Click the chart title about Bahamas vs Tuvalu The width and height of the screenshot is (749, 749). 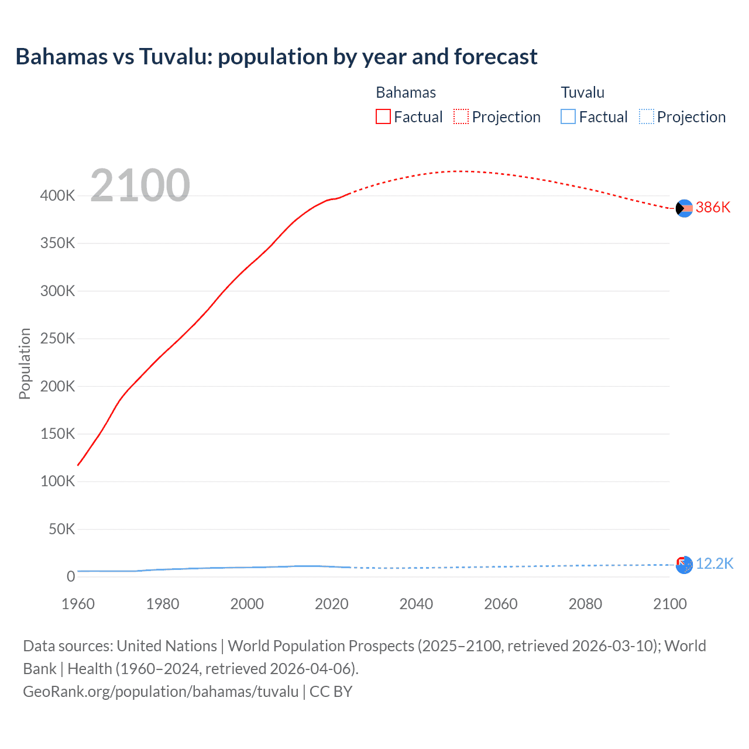pos(276,57)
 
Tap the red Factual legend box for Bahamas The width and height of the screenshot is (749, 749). pos(383,116)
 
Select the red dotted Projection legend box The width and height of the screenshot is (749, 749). pos(461,116)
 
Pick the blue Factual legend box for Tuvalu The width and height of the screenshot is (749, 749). pos(568,116)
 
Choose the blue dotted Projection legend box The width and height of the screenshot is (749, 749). pos(647,116)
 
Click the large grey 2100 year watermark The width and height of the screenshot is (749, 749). pos(140,185)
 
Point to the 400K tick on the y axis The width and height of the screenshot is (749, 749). pos(57,195)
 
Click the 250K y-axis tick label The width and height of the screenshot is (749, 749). pos(57,338)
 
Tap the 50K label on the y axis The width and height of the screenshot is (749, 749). pos(61,529)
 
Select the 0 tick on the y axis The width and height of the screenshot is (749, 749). pos(71,576)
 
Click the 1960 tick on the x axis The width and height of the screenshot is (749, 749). pos(78,604)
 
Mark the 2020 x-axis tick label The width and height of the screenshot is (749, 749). pos(332,604)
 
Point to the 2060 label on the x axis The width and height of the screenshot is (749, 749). pos(501,604)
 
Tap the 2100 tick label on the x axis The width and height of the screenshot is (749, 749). pos(670,604)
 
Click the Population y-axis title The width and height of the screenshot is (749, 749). pos(25,363)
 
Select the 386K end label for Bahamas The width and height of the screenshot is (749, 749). pos(713,208)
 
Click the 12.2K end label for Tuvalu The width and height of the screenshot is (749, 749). pos(714,564)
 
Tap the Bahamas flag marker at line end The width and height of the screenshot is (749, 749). pos(684,208)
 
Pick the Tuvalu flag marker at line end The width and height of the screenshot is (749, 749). pos(684,565)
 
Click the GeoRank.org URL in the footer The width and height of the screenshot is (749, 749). pos(161,692)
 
